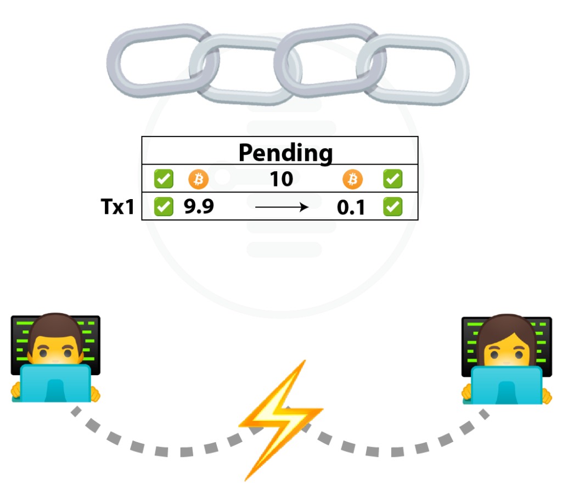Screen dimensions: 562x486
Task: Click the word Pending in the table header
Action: point(285,153)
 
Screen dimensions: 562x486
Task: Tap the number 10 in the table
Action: point(282,179)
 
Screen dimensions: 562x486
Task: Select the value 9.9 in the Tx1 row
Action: point(199,206)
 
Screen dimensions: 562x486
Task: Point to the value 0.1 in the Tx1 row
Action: point(351,207)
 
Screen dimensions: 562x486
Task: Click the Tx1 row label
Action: point(117,207)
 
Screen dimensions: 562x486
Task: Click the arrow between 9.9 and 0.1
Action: point(282,207)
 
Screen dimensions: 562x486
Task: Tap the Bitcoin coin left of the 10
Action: point(198,179)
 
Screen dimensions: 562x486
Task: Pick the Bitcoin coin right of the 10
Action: point(353,179)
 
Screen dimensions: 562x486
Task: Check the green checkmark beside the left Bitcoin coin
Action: point(164,179)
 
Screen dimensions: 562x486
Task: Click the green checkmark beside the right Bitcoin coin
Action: point(393,179)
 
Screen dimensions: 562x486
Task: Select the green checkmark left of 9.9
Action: point(164,207)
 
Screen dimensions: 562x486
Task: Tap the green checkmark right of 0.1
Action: point(393,207)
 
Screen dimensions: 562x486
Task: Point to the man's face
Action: point(55,349)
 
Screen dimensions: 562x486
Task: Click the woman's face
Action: point(506,351)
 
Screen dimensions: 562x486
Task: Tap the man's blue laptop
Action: point(55,383)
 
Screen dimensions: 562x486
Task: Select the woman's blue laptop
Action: point(507,386)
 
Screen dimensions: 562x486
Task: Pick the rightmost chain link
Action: point(462,72)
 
